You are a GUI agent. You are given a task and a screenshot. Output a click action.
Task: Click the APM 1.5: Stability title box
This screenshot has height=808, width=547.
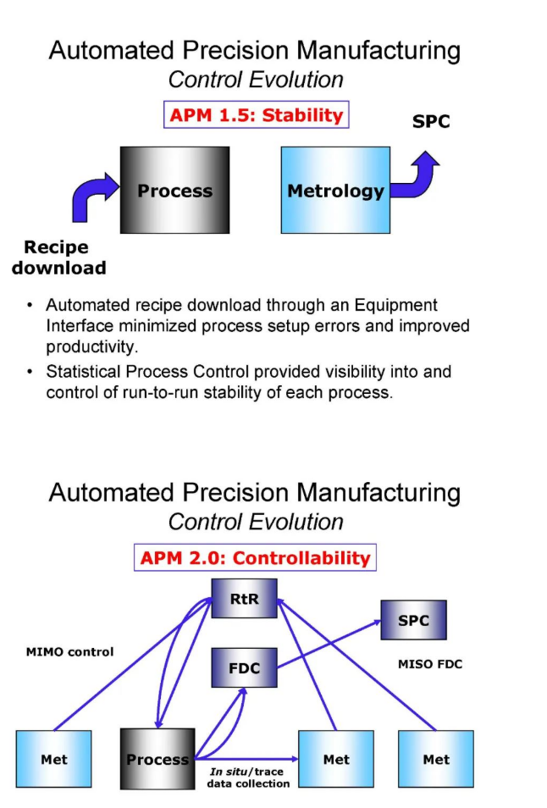tap(255, 115)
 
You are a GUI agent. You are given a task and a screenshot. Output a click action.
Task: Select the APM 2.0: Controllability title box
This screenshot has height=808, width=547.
tap(255, 558)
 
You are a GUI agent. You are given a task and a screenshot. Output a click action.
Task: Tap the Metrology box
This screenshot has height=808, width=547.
tap(335, 190)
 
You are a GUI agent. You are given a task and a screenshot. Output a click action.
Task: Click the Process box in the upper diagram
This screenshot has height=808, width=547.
tap(174, 190)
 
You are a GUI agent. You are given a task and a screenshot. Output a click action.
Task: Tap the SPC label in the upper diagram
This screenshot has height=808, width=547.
tap(431, 121)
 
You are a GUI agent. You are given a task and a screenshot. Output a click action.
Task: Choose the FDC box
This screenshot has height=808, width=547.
tap(244, 668)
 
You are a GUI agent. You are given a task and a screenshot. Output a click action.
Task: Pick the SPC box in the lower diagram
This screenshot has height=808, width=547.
tap(413, 620)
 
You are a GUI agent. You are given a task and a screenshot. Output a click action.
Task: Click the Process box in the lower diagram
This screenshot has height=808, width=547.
tap(157, 759)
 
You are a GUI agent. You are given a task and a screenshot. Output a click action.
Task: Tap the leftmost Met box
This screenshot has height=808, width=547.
tap(54, 759)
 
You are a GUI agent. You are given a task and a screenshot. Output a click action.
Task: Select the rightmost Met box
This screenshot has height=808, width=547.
tap(435, 759)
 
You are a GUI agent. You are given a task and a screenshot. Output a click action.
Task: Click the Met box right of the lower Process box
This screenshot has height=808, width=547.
tap(335, 759)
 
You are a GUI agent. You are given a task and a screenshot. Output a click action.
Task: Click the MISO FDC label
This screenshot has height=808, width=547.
tap(429, 664)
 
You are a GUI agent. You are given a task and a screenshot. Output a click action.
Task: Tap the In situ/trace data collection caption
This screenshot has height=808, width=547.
tap(248, 778)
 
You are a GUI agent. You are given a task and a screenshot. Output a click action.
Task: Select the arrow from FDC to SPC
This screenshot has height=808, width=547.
tap(330, 642)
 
